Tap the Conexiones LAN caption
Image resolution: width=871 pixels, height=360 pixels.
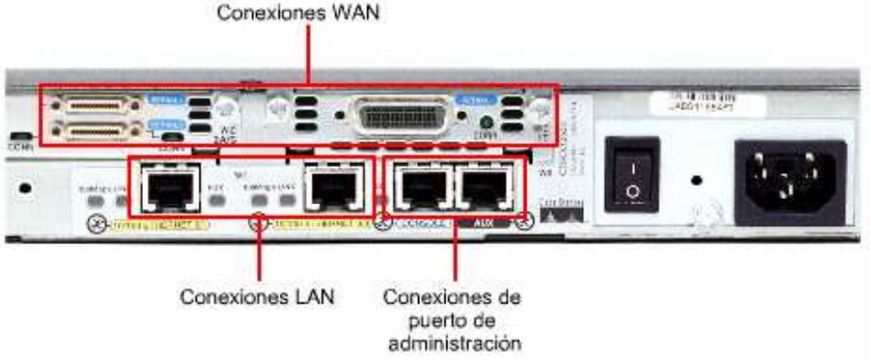(x=257, y=298)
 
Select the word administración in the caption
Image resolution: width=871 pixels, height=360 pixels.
(x=455, y=344)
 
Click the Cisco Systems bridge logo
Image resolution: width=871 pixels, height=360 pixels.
(x=560, y=214)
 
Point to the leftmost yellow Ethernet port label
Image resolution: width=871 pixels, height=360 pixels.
(x=149, y=221)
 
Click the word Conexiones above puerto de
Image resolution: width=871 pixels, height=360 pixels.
(x=453, y=298)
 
